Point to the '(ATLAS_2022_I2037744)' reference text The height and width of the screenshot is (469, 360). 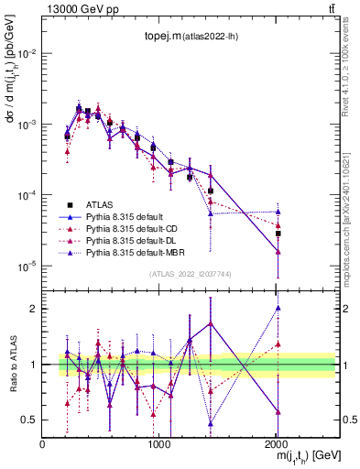click(x=191, y=274)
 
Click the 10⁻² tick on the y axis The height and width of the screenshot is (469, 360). click(x=27, y=53)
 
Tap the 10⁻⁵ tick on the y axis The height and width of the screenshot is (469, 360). click(x=27, y=266)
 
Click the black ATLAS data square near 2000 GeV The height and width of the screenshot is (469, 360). click(x=278, y=234)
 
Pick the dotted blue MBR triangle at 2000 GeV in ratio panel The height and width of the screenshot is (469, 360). click(x=278, y=308)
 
